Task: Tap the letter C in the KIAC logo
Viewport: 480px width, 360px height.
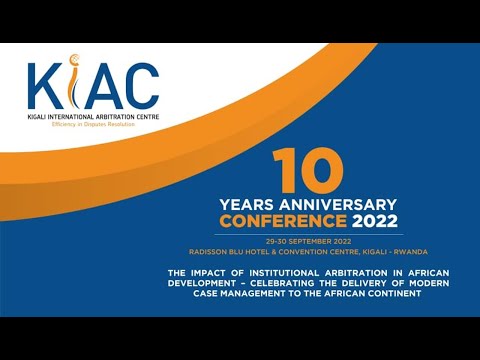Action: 141,88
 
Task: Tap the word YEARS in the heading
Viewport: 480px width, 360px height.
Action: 243,204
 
